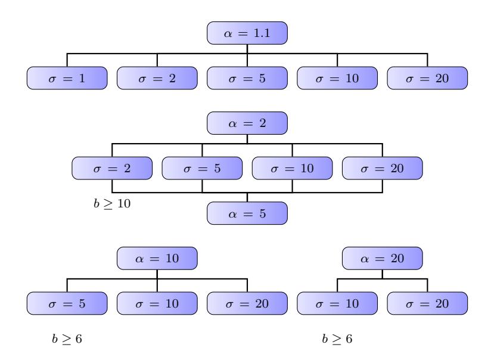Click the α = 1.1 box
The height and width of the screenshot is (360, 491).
tap(247, 33)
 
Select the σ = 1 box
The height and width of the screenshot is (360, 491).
tap(67, 78)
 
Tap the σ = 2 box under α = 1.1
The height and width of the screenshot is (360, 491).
tap(157, 78)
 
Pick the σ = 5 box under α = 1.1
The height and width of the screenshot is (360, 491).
tap(247, 78)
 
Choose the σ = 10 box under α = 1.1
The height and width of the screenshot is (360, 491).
tap(337, 78)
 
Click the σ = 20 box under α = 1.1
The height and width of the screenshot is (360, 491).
tap(427, 78)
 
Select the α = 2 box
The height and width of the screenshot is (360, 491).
tap(247, 123)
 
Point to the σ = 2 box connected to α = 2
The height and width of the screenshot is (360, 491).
tap(112, 168)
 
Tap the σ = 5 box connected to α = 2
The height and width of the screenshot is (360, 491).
tap(202, 168)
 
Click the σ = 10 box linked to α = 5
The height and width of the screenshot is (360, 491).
tap(292, 168)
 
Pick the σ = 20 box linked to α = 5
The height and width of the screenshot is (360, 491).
tap(383, 168)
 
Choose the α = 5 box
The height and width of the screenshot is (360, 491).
tap(247, 213)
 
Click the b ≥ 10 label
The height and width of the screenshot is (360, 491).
tap(112, 204)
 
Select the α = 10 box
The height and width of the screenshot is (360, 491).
tap(157, 259)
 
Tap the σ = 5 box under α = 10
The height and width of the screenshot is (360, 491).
tap(67, 303)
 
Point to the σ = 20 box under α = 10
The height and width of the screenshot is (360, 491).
tap(247, 303)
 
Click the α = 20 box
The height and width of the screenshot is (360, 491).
tap(383, 259)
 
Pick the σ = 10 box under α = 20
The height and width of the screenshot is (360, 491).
tap(337, 303)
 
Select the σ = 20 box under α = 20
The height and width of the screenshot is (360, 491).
tap(427, 303)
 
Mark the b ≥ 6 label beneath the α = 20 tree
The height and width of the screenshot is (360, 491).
tap(337, 339)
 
